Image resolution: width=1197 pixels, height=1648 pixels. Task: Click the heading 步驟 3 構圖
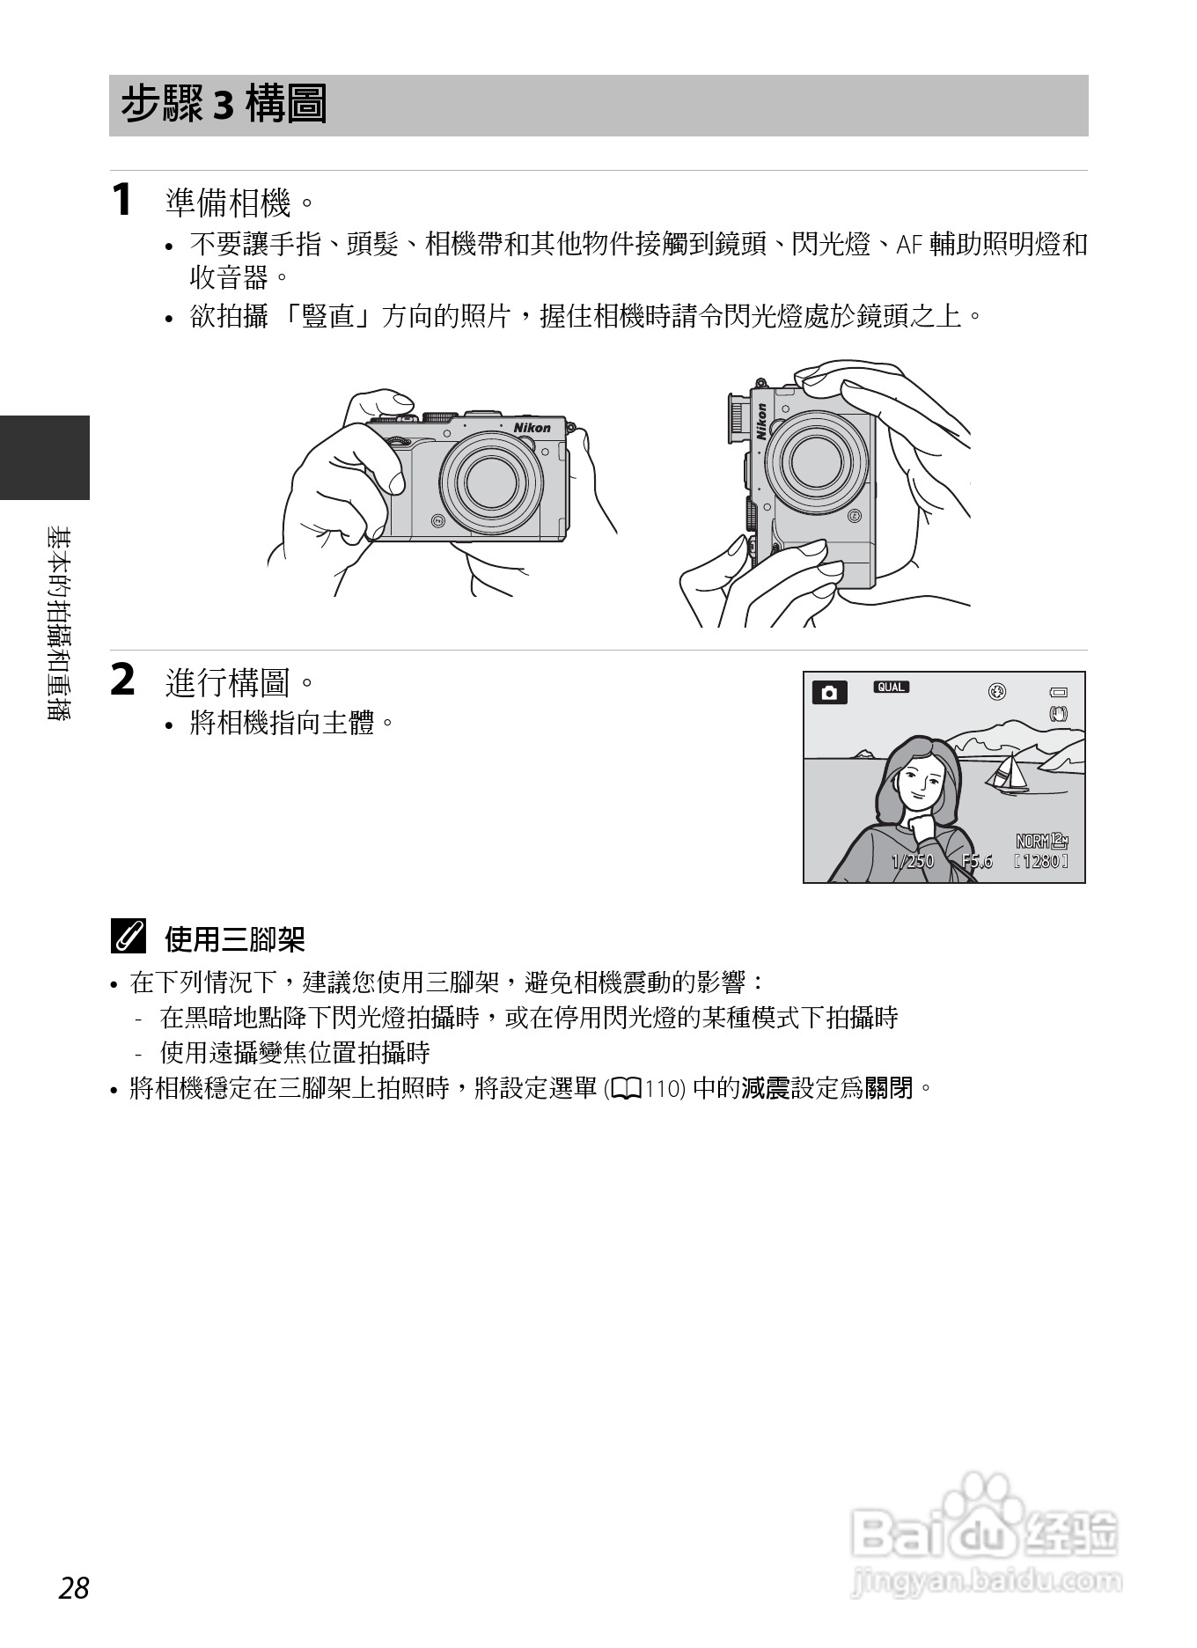224,106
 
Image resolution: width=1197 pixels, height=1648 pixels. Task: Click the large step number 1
121,200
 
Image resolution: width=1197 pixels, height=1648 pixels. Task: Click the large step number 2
123,681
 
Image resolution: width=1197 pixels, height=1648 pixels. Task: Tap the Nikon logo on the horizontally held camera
532,428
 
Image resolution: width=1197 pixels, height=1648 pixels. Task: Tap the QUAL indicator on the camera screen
891,688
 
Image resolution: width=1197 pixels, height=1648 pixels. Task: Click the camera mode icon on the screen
828,693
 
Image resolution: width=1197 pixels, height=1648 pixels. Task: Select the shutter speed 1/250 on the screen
912,862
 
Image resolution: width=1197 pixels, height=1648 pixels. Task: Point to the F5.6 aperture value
977,862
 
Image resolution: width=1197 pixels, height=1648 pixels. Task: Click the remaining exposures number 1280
1041,862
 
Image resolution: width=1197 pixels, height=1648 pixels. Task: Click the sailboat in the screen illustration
1009,773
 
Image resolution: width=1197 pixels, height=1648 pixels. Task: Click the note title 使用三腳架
234,940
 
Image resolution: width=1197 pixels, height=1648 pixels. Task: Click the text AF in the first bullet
907,246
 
